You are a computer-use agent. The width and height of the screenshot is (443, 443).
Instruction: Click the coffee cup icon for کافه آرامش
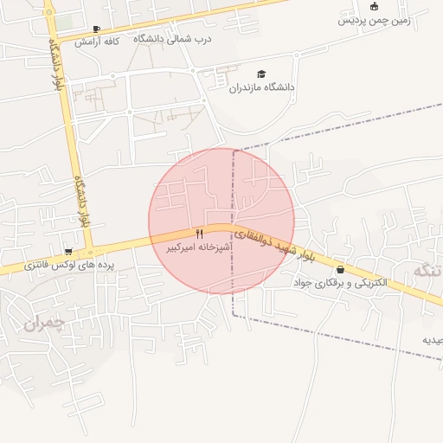96,29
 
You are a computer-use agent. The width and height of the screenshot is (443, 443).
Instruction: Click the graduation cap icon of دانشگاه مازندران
261,74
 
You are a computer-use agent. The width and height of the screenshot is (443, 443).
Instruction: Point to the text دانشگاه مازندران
261,87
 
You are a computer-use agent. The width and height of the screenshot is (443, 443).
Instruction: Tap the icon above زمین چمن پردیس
374,6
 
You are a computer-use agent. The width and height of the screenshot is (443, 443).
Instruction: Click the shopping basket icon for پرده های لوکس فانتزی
68,252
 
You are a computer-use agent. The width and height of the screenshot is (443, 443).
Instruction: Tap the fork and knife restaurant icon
200,234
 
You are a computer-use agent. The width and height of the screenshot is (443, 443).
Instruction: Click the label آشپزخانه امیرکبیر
200,247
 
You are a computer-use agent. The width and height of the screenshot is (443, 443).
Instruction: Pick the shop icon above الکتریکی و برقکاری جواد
340,270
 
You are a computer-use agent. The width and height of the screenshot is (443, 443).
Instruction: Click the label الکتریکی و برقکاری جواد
340,283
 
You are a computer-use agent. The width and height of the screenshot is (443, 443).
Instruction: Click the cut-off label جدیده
433,340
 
